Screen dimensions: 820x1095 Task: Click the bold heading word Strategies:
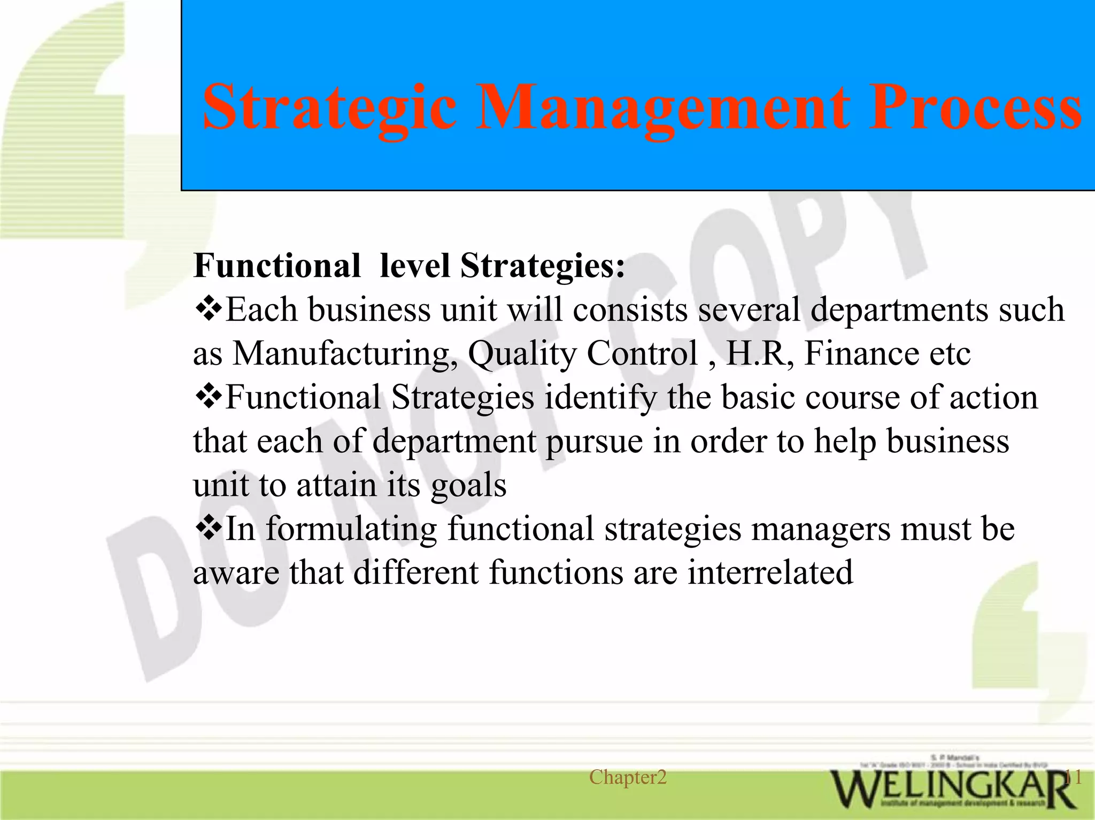pos(542,266)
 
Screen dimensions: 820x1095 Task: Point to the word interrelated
pos(770,572)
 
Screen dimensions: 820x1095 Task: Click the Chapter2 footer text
pos(628,777)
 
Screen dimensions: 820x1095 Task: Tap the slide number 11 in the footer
pos(1073,777)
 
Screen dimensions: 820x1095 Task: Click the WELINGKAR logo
pos(952,788)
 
